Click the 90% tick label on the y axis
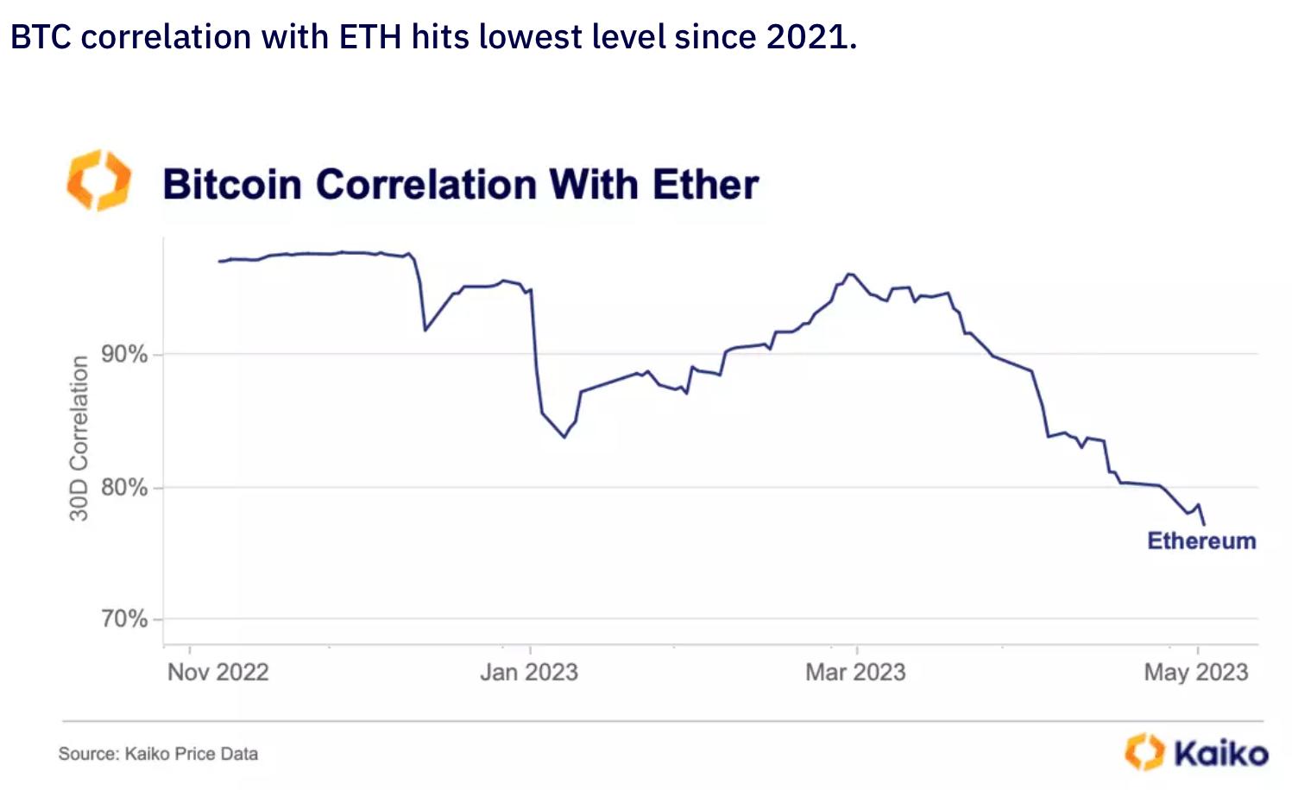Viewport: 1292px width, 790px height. (x=124, y=355)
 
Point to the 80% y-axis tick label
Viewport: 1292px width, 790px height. (x=124, y=488)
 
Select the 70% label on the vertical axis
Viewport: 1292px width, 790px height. (x=124, y=619)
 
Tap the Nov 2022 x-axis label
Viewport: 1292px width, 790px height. (x=218, y=673)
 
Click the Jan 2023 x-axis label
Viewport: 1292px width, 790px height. (x=529, y=673)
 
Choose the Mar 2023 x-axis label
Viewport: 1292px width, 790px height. (x=855, y=673)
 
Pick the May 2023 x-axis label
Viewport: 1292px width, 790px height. (x=1196, y=673)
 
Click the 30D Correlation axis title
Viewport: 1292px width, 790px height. (x=79, y=439)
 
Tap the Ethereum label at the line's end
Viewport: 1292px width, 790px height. (x=1201, y=541)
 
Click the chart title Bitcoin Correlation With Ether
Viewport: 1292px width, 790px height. (x=460, y=185)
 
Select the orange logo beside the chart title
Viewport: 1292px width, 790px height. (x=99, y=180)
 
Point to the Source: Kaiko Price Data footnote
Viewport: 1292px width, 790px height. (x=158, y=754)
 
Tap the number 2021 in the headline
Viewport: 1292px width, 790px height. (x=806, y=37)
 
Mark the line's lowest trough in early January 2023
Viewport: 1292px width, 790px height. (x=564, y=437)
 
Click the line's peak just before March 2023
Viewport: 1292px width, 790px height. (x=849, y=274)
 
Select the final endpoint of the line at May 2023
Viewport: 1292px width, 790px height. (x=1204, y=524)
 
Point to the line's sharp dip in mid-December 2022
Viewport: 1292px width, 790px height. (x=425, y=330)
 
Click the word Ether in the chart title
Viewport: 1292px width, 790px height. (x=705, y=185)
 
